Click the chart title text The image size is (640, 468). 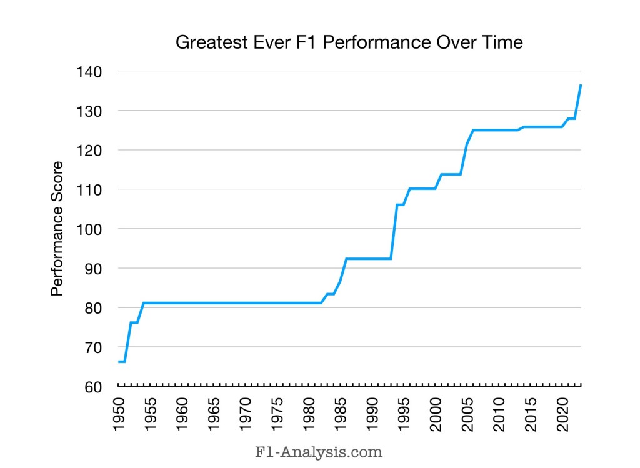[x=349, y=43]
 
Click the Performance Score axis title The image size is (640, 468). [x=57, y=229]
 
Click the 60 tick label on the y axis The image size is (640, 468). [x=94, y=387]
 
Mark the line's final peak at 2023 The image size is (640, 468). [x=581, y=85]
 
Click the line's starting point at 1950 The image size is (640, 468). [x=119, y=362]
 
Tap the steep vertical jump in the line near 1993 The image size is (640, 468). [x=394, y=231]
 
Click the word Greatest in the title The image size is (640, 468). [x=207, y=43]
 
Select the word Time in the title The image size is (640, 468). [x=502, y=43]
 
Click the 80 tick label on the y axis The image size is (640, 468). [x=94, y=307]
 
